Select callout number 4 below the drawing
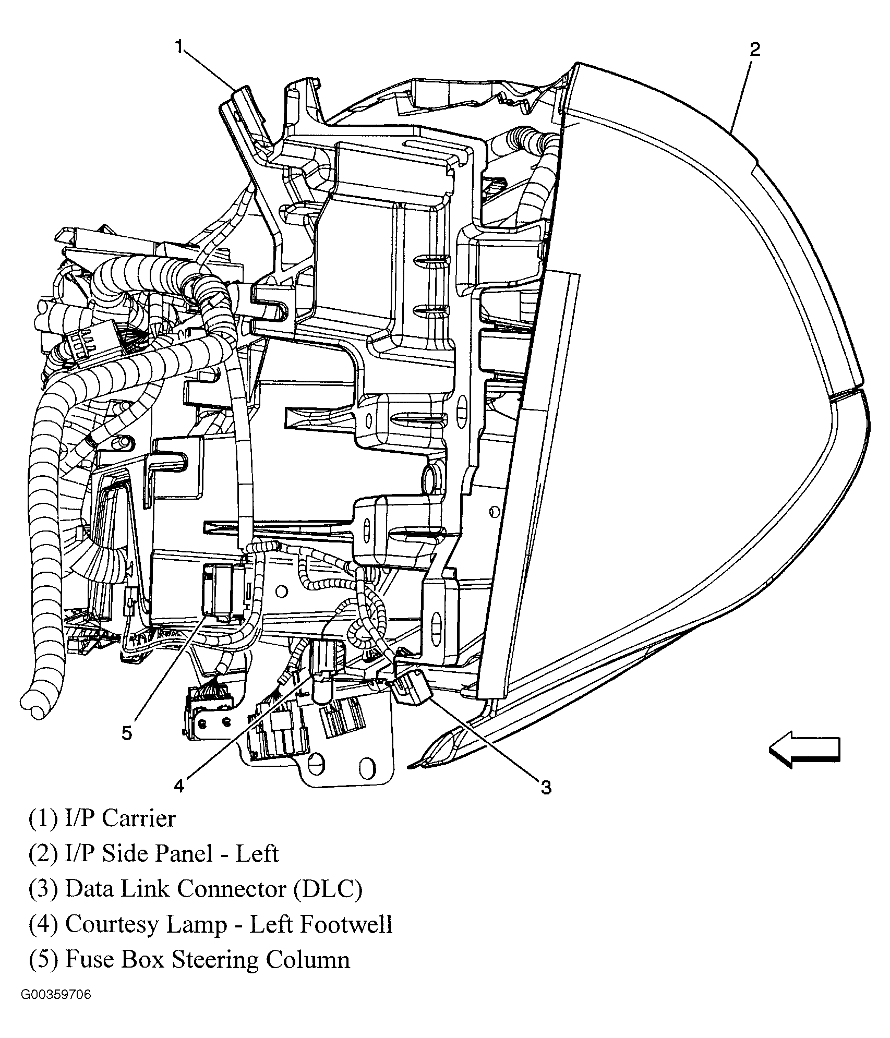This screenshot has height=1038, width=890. click(x=179, y=786)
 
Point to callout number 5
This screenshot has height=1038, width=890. click(x=127, y=733)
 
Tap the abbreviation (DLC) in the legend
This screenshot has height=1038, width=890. click(x=327, y=889)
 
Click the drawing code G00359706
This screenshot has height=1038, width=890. click(x=56, y=1009)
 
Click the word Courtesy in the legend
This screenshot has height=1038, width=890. click(x=113, y=925)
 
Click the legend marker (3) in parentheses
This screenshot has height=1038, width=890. click(x=43, y=889)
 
